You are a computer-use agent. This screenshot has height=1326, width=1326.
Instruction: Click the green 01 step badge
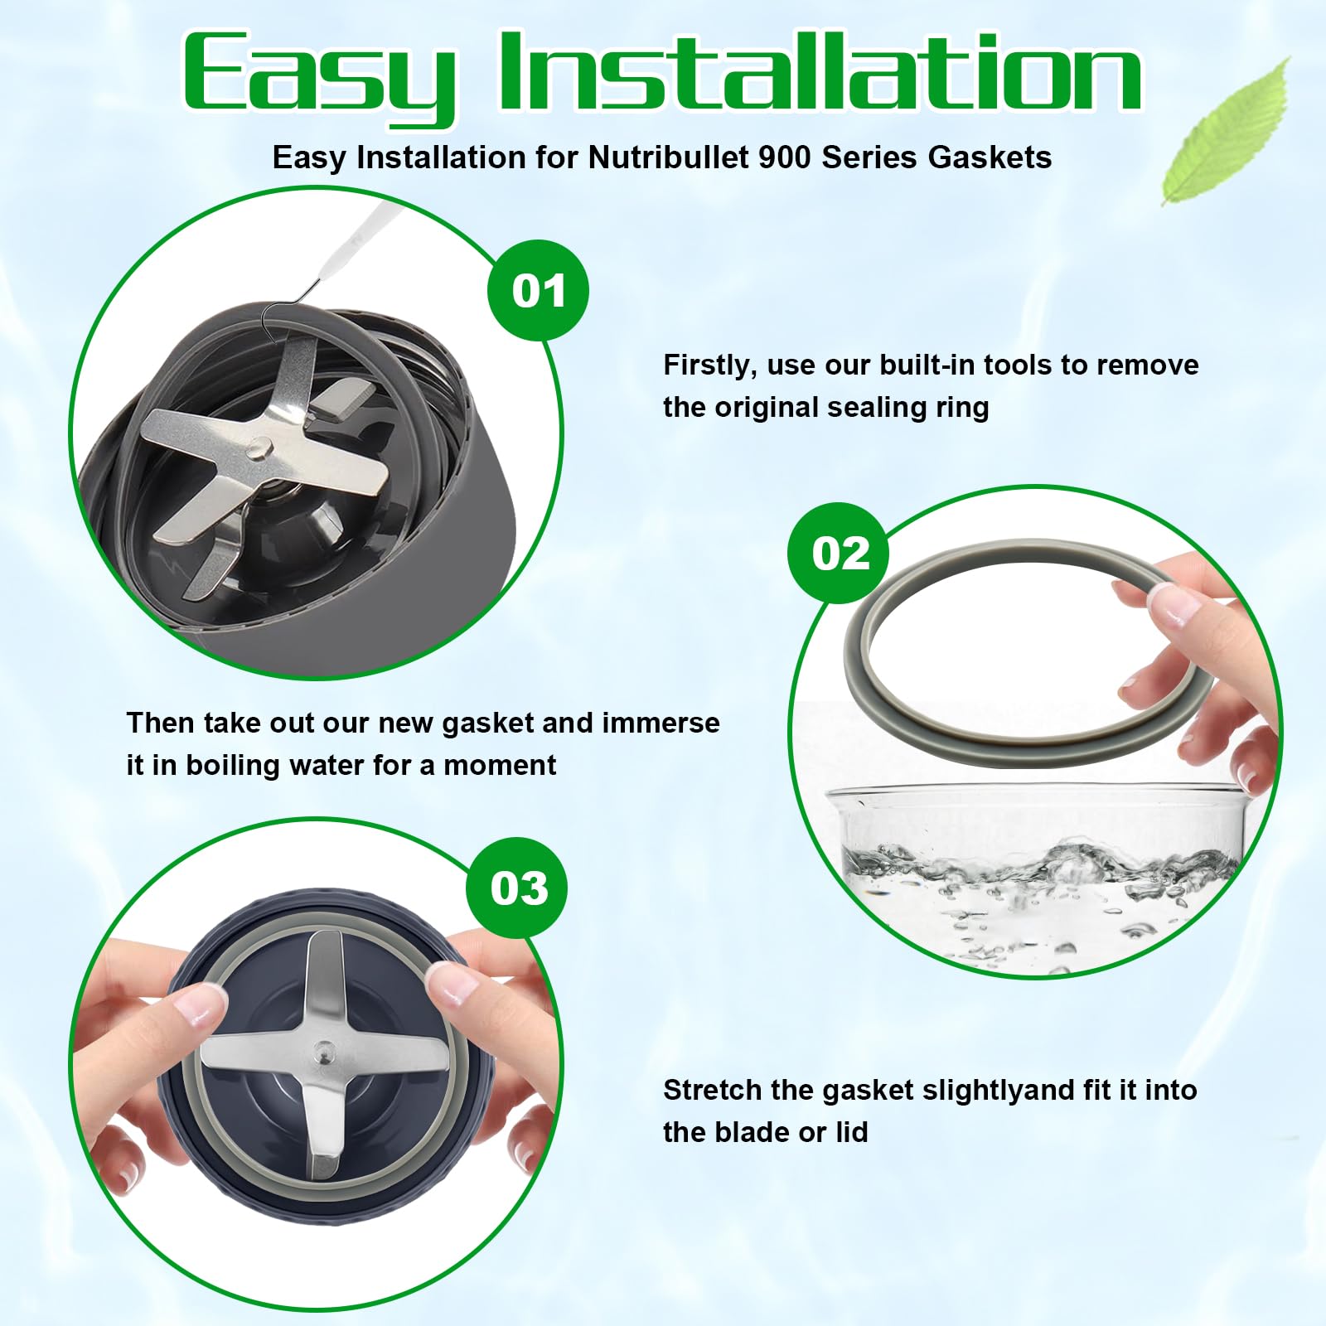(538, 291)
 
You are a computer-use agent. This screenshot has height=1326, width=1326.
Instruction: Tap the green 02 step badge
(839, 553)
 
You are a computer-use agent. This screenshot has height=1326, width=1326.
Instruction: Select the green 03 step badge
(518, 888)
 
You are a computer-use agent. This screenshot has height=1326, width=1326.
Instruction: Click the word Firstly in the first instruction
(709, 365)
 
